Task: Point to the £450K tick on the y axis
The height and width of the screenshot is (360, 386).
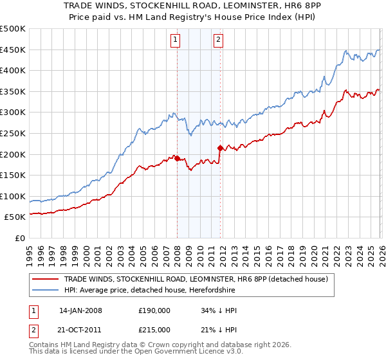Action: point(14,50)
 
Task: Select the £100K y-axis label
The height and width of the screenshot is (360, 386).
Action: point(14,196)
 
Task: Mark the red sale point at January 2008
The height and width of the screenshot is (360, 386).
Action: point(177,158)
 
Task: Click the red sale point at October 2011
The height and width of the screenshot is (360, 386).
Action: point(220,148)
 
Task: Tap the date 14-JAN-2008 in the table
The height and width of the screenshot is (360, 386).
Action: point(80,310)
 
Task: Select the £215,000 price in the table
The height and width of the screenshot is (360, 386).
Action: point(154,329)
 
